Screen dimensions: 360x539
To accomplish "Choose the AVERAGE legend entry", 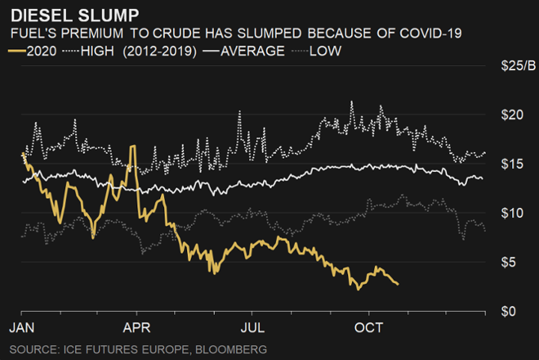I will (253, 51).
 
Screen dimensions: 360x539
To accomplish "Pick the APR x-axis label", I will (137, 328).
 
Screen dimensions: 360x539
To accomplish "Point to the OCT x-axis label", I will (368, 328).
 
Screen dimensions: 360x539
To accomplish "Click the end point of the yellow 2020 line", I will (398, 284).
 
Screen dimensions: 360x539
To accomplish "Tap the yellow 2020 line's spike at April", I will (133, 147).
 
